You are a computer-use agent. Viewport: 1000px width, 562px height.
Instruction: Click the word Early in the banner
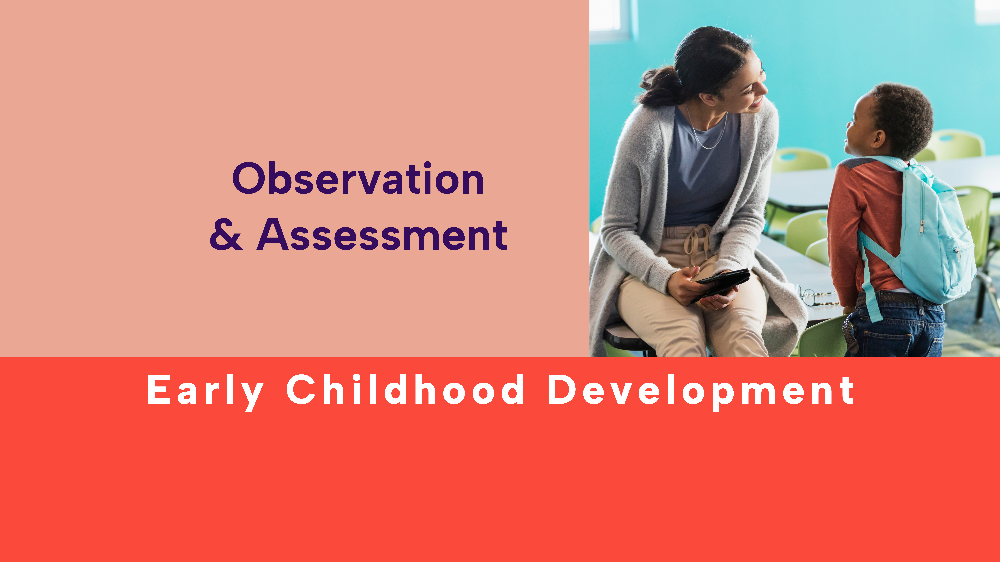coord(206,390)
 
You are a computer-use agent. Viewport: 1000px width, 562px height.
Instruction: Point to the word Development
coord(701,390)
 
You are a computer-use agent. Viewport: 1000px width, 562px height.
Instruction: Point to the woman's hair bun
coord(660,87)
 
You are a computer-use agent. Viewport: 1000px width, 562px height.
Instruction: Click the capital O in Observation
coord(248,178)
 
